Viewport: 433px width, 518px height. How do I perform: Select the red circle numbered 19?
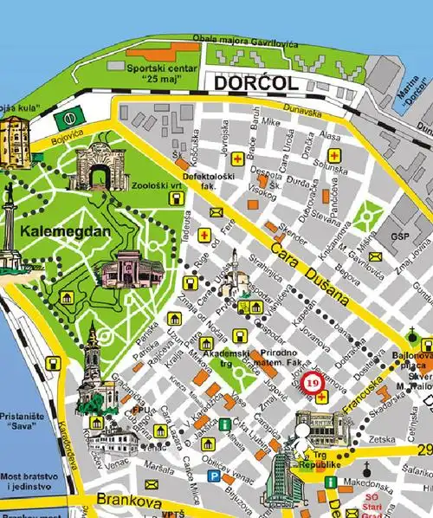(x=313, y=379)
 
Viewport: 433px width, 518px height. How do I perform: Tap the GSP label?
(x=399, y=236)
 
